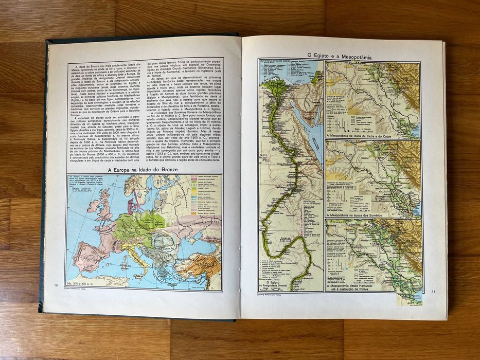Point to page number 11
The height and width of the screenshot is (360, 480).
click(434, 292)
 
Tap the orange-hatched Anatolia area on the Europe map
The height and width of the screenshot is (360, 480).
click(206, 263)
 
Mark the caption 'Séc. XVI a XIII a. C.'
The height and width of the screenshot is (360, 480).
click(83, 283)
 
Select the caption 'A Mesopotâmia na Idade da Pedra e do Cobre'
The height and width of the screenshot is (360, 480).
click(372, 136)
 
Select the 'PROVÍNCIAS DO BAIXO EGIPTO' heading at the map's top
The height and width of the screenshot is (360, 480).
click(280, 62)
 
